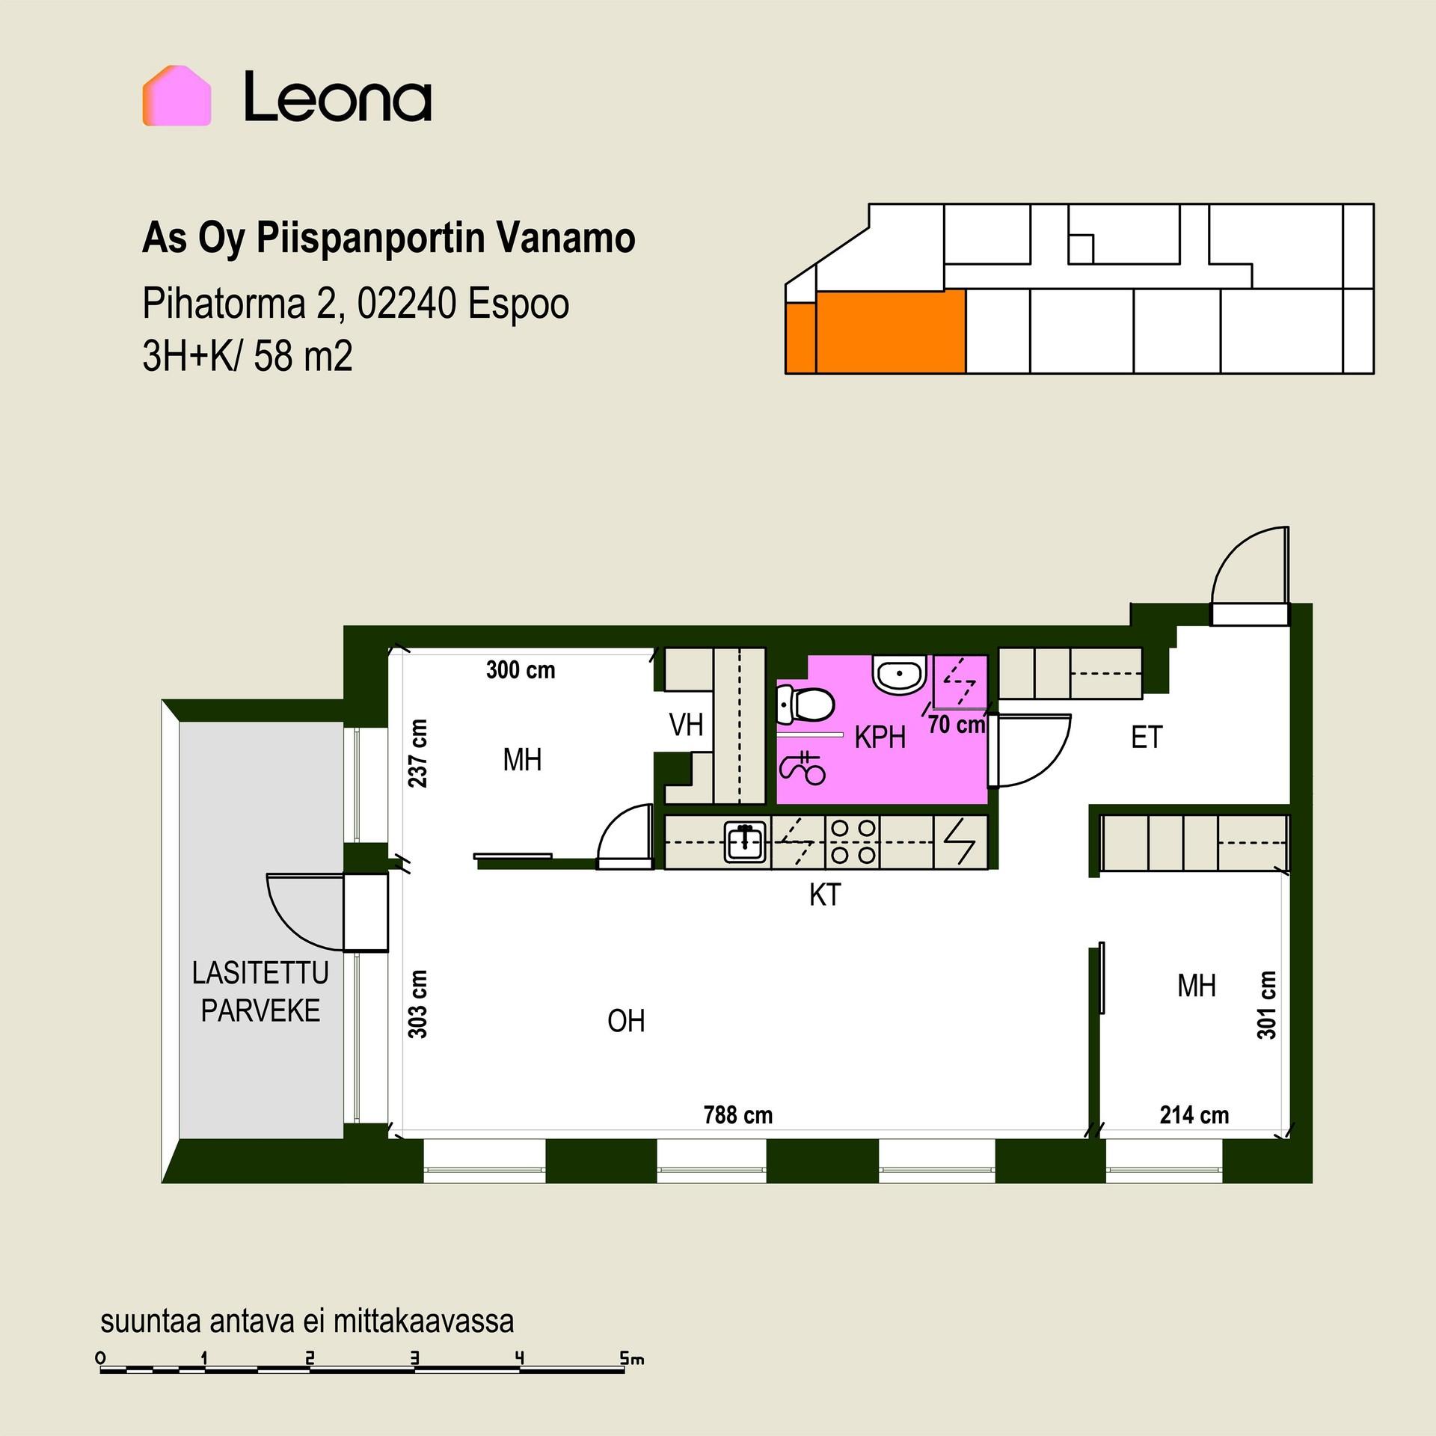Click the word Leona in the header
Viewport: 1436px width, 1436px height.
click(338, 96)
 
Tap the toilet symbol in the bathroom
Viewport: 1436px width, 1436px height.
click(806, 705)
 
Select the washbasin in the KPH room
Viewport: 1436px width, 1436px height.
click(899, 674)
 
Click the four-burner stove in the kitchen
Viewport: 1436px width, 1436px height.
click(853, 841)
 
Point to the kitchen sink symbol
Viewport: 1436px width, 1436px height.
click(746, 841)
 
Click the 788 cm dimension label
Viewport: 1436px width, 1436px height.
click(737, 1115)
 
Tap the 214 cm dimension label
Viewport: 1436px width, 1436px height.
click(1194, 1115)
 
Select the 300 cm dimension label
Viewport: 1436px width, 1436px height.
click(521, 669)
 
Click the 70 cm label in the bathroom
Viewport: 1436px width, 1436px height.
click(957, 724)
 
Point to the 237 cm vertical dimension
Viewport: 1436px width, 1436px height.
click(418, 753)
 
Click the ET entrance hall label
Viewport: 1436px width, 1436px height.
click(1147, 737)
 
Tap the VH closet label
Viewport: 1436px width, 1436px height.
click(686, 724)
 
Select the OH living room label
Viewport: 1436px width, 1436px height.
click(626, 1021)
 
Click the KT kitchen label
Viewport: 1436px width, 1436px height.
click(825, 895)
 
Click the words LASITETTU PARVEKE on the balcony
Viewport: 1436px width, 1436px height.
click(260, 992)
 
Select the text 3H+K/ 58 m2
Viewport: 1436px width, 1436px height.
click(247, 356)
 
